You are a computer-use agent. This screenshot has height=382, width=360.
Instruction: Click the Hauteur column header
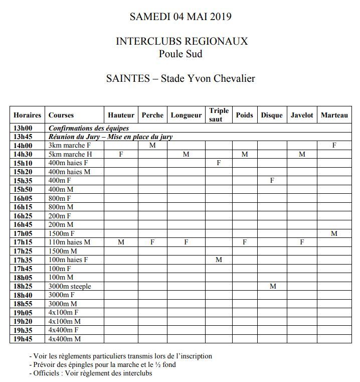(121, 115)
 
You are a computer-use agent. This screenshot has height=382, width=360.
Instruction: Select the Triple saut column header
(219, 115)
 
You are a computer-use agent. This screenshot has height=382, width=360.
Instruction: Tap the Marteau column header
(334, 115)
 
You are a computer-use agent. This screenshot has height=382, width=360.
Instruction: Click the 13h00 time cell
(23, 129)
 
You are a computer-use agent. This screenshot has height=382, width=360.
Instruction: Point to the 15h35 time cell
(23, 180)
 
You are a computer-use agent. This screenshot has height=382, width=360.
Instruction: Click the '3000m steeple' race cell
(70, 286)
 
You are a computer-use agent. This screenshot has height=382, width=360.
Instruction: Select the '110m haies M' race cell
(69, 242)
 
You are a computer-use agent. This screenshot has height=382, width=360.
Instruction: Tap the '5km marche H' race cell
(70, 154)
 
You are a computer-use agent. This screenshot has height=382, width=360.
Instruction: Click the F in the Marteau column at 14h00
(334, 146)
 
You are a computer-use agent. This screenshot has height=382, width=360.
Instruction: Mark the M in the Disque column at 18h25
(272, 286)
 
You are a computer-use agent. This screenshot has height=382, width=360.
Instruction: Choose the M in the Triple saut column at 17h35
(219, 260)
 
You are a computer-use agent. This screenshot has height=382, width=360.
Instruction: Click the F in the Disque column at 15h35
(272, 180)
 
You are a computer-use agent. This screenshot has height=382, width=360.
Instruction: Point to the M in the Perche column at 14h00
(152, 146)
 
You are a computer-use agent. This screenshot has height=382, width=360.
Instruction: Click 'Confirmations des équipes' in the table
(89, 129)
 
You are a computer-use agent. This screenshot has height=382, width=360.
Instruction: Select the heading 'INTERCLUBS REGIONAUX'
(182, 41)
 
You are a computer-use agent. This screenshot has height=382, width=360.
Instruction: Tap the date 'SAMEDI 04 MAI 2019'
(181, 17)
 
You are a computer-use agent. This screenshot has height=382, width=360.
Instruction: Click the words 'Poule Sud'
(181, 54)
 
